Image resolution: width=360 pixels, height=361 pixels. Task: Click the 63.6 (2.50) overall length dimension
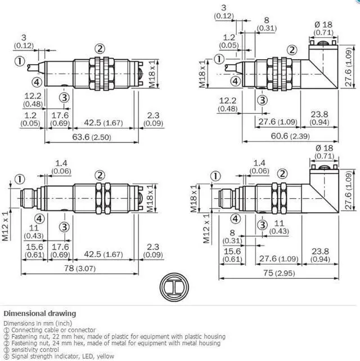92,137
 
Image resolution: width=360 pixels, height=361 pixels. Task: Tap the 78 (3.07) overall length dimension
80,269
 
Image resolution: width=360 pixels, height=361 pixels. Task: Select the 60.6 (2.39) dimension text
290,136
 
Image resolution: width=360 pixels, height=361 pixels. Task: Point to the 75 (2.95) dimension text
279,273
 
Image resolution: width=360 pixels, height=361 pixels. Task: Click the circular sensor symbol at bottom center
174,287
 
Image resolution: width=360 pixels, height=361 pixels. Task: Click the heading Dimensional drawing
40,314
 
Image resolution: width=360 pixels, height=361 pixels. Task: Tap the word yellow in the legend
105,356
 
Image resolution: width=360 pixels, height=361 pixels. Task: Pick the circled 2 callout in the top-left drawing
100,49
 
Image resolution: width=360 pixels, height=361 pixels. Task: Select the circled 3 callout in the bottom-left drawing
64,227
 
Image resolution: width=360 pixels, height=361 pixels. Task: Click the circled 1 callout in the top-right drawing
219,59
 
